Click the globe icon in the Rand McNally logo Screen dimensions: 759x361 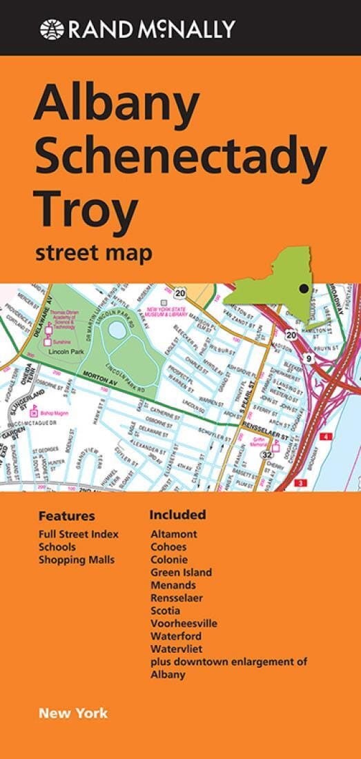tap(52, 29)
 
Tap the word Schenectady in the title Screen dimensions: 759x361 tap(180, 157)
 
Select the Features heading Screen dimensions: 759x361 tap(66, 516)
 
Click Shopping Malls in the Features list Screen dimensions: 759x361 tap(77, 560)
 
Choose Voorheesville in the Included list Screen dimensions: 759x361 tap(184, 623)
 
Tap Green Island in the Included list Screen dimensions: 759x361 tap(181, 572)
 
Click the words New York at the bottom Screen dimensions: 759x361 tap(73, 713)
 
